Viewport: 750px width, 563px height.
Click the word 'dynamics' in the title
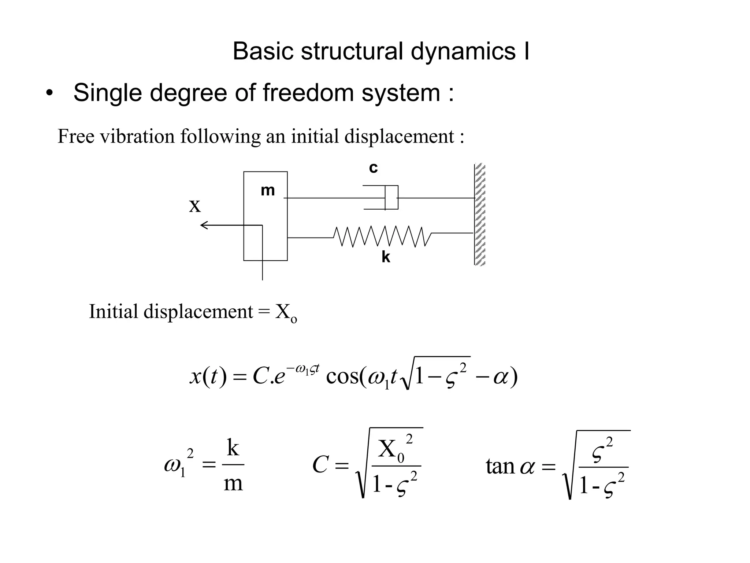coord(463,51)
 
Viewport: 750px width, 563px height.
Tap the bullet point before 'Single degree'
coord(49,94)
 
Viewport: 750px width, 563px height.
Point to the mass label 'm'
coord(268,191)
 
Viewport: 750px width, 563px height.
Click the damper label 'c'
coord(373,168)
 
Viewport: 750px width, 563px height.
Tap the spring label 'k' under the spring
coord(386,257)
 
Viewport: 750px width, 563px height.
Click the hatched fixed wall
coord(480,214)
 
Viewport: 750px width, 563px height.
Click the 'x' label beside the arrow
coord(195,206)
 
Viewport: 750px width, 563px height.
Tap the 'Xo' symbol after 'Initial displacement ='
coord(286,313)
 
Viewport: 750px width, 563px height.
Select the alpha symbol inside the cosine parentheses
coord(501,377)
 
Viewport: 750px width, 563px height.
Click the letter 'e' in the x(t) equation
coord(279,377)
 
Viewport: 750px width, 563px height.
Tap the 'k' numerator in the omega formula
coord(233,448)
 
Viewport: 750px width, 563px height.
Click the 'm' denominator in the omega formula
coord(233,483)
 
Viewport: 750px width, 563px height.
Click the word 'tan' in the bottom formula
coord(500,467)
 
